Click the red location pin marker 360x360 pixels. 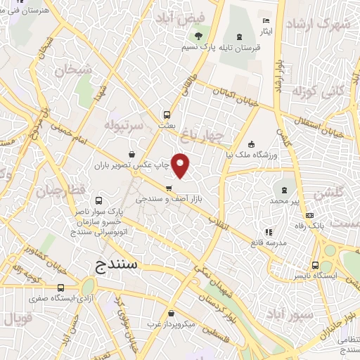point(181,165)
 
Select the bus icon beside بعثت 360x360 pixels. point(167,114)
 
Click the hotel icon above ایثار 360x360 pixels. point(265,21)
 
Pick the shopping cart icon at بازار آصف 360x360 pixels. point(169,188)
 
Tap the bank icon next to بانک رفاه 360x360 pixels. point(310,214)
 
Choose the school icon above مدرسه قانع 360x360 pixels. point(267,231)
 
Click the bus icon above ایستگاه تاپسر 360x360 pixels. point(314,266)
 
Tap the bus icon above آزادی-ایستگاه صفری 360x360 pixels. point(61,288)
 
